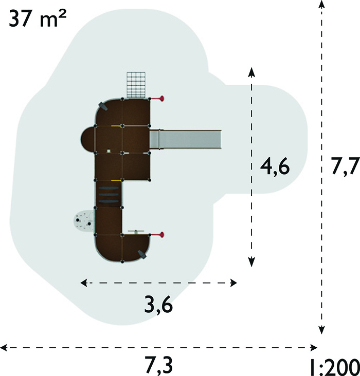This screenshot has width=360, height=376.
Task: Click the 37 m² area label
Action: (x=38, y=18)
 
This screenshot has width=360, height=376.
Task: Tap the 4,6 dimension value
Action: (x=275, y=167)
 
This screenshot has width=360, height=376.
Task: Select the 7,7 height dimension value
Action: (x=345, y=166)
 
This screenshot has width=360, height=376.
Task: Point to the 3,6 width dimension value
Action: (x=158, y=305)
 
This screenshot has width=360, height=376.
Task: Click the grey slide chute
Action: (x=185, y=139)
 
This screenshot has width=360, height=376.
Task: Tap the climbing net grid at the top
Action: (x=136, y=85)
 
